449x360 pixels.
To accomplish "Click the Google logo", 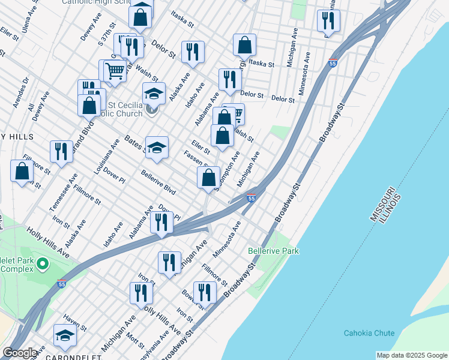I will click(19, 353).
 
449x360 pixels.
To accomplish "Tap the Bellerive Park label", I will click(274, 250).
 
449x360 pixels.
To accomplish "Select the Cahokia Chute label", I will click(369, 333).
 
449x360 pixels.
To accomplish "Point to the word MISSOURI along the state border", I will click(382, 207).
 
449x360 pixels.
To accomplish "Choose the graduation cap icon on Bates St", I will click(157, 148).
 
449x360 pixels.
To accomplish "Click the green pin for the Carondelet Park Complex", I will click(43, 263).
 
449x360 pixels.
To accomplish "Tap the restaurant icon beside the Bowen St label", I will click(205, 292).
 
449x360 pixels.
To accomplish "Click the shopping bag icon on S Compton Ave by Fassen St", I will click(208, 178).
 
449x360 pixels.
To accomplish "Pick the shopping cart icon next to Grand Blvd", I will click(114, 71).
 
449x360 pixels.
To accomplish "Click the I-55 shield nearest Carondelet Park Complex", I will click(62, 283).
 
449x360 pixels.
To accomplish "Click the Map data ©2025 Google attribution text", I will click(412, 355).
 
